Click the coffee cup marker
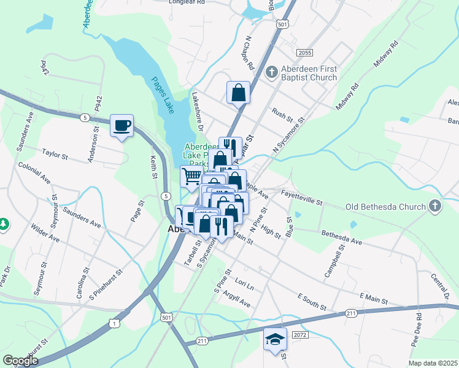click(121, 126)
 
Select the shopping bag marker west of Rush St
click(238, 93)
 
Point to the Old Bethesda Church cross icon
click(436, 206)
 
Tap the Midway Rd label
click(385, 56)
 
